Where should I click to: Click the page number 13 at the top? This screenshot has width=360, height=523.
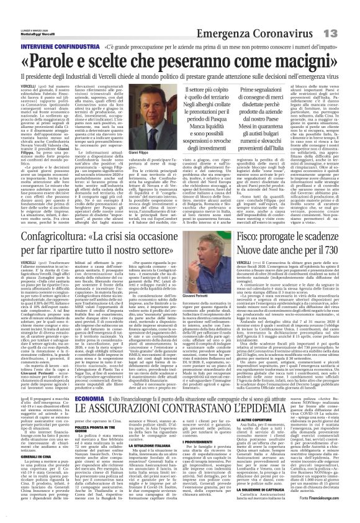[344, 14]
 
